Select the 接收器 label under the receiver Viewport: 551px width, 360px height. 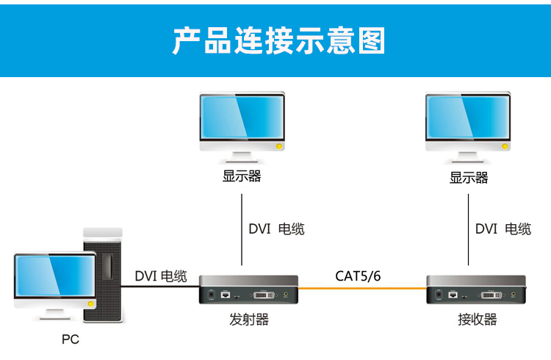(x=477, y=320)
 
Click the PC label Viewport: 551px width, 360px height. (x=70, y=339)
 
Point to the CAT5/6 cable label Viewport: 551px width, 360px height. (x=358, y=276)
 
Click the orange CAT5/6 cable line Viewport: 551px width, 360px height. (x=363, y=289)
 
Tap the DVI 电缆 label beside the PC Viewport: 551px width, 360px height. (x=161, y=276)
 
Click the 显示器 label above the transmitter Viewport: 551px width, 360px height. (x=242, y=176)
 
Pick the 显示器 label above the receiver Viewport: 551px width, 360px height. (x=469, y=178)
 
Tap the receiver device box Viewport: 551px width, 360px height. (x=477, y=290)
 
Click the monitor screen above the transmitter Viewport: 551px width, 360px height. (x=242, y=118)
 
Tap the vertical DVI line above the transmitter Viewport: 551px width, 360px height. (x=242, y=228)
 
